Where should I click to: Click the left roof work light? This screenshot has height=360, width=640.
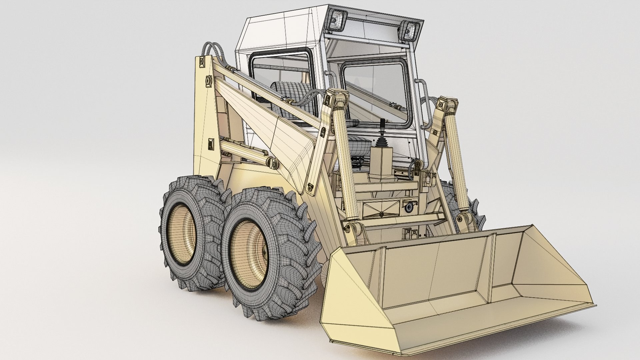[x=336, y=19]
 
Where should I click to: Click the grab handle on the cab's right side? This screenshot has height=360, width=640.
[x=425, y=103]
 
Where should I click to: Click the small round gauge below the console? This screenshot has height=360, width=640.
[x=408, y=207]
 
